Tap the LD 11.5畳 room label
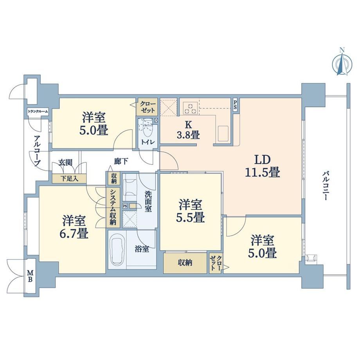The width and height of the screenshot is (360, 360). (x=263, y=166)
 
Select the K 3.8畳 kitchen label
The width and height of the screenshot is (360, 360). (x=188, y=130)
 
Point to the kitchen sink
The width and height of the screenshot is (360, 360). (x=223, y=133)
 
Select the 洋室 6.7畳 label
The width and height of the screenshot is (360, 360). (x=75, y=227)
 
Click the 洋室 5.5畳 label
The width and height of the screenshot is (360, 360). (x=190, y=211)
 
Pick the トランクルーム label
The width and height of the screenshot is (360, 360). (x=38, y=112)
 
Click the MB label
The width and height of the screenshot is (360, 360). (x=30, y=276)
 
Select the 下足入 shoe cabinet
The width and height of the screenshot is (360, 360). (x=69, y=178)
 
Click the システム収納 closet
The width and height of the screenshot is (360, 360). (x=113, y=207)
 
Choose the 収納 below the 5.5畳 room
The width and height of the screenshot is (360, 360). (x=185, y=263)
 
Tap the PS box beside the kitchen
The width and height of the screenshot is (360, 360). (x=235, y=105)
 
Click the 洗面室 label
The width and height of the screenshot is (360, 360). (x=148, y=202)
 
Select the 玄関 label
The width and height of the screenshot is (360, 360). (x=65, y=162)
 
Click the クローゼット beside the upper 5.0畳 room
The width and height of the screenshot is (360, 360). (x=148, y=107)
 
